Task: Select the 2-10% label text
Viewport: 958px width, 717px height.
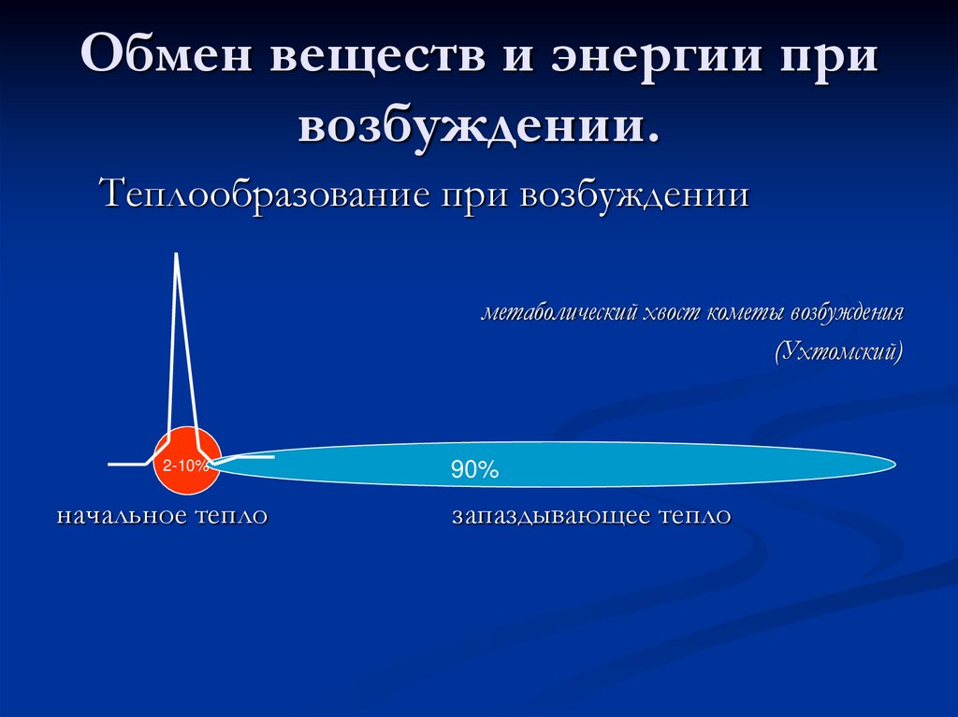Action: tap(185, 466)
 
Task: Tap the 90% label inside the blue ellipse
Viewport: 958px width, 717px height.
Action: tap(474, 471)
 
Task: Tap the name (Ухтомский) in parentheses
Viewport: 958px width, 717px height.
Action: tap(838, 352)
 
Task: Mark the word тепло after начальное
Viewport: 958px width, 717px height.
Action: tap(231, 516)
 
